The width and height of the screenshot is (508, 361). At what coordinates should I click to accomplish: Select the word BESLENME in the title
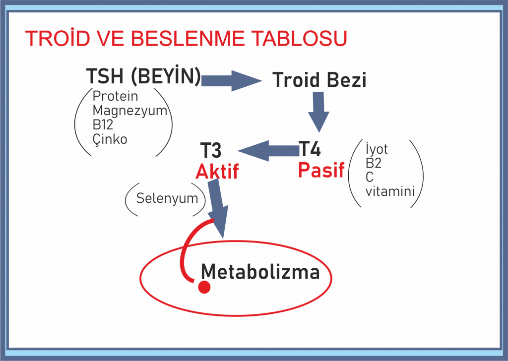click(188, 38)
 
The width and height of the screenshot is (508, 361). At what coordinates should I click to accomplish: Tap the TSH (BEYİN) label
click(143, 76)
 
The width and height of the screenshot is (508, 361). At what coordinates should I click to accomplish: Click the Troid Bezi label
click(319, 80)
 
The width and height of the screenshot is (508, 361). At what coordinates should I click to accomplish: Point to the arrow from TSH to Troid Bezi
click(231, 81)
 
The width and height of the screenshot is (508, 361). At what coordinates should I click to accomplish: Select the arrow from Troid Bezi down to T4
click(318, 112)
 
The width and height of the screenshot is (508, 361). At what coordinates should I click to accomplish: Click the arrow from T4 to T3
click(268, 151)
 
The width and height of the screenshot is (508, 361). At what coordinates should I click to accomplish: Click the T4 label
click(310, 149)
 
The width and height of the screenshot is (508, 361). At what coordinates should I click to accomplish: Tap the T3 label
click(211, 150)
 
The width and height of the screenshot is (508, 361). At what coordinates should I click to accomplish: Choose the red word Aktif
click(217, 171)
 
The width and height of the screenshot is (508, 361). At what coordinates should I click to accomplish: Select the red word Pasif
click(321, 170)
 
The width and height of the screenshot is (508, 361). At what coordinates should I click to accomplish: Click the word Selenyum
click(167, 198)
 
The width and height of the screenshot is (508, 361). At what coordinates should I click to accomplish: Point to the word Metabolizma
click(260, 271)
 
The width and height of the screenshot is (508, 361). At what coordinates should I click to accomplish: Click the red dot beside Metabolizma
click(204, 287)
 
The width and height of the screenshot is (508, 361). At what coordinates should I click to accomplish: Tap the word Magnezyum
click(130, 111)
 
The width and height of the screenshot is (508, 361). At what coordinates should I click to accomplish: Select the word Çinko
click(110, 139)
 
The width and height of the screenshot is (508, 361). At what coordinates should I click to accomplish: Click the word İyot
click(377, 149)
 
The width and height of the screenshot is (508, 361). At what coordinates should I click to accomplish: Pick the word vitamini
click(390, 191)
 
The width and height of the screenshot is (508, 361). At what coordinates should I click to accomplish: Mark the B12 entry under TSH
click(103, 124)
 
